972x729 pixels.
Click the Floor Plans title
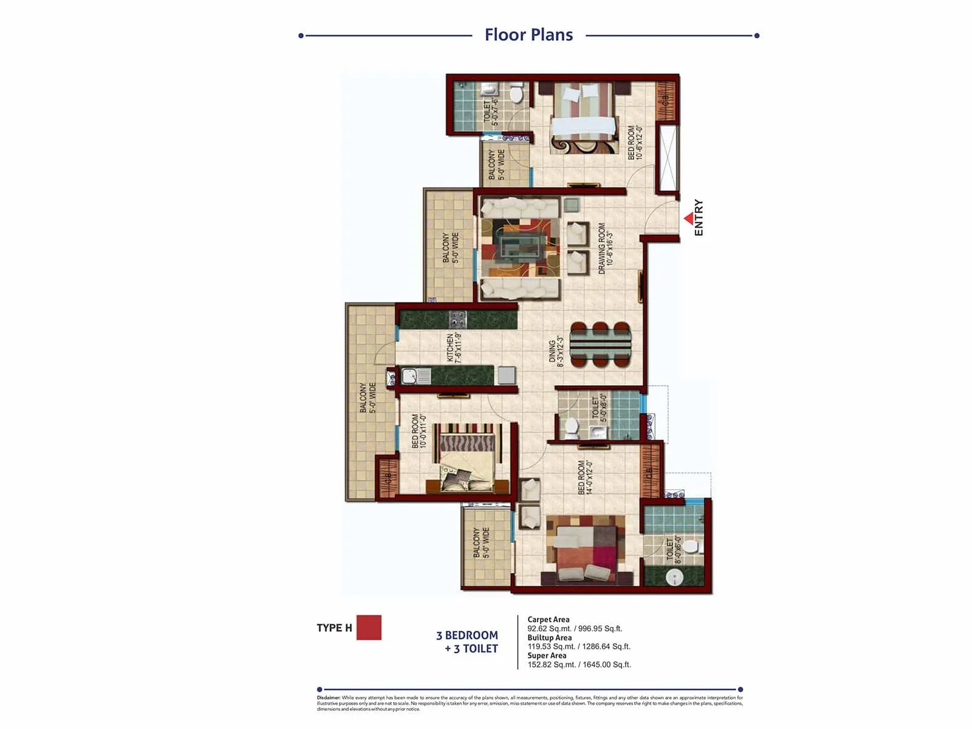[529, 35]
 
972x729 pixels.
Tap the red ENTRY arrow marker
[688, 218]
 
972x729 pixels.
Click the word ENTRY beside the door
[699, 217]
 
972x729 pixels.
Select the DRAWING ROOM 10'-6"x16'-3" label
[606, 248]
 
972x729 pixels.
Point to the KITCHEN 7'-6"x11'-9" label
[454, 348]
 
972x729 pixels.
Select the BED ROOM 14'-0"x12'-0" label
[585, 477]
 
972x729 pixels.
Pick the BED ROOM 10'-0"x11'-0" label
[419, 431]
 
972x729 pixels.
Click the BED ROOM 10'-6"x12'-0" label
[635, 143]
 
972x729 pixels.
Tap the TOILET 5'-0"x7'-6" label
[490, 113]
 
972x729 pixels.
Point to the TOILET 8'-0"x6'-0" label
[674, 550]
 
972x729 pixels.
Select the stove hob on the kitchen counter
[457, 318]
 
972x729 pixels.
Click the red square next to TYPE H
[369, 628]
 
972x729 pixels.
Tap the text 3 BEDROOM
[467, 635]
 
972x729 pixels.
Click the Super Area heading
[547, 655]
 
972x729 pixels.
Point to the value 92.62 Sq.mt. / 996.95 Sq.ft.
[575, 629]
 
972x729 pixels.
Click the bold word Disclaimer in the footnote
[329, 698]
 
